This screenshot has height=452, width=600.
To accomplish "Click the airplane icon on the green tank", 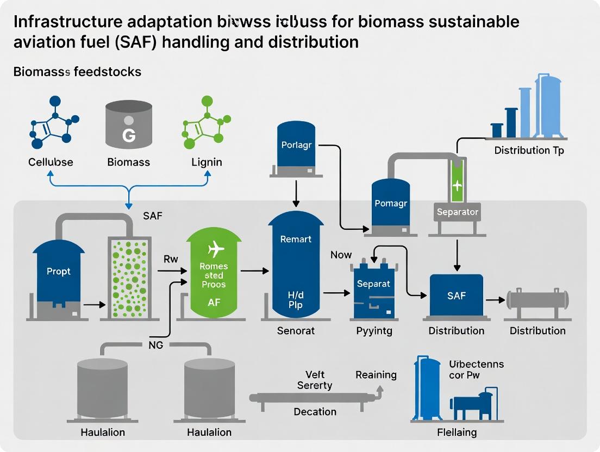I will tap(216, 250).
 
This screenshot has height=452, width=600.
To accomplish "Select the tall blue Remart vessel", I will tap(296, 266).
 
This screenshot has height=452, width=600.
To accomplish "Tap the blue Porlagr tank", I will tap(295, 145).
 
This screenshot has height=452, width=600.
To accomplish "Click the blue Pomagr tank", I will tap(390, 204).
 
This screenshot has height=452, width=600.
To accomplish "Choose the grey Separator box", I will tap(457, 212).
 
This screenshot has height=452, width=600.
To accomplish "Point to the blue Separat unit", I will tap(373, 291).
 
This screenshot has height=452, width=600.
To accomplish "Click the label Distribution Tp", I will tap(528, 150).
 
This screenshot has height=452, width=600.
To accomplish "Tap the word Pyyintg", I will tap(373, 330).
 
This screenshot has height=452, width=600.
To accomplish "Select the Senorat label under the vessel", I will tap(296, 330).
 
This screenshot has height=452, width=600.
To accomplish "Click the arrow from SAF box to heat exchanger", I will tap(495, 299).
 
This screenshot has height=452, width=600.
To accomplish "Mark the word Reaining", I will tap(376, 375).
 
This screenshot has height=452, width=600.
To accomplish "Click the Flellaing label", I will tap(457, 432).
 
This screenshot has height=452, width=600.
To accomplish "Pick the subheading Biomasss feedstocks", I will tap(77, 72).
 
